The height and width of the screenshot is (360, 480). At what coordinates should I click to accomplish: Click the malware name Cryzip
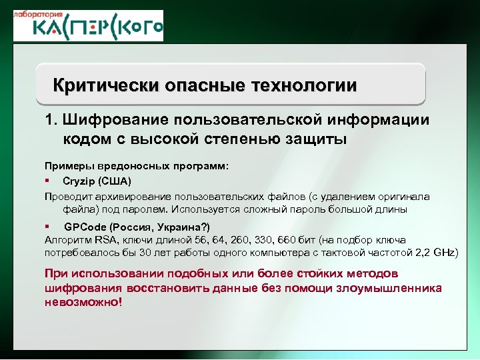79,181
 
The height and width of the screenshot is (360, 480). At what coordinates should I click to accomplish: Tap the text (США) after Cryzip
115,181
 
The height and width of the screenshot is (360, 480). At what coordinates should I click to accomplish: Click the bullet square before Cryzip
48,181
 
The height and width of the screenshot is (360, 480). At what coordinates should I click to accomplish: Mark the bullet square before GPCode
48,226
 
